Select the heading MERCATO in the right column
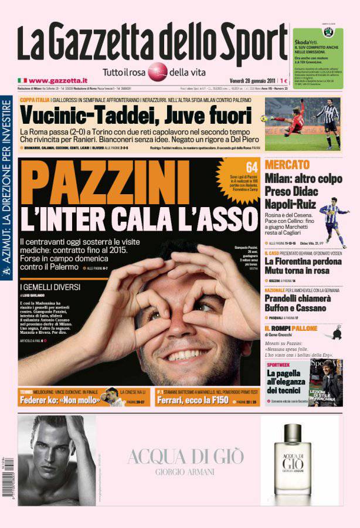287,165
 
